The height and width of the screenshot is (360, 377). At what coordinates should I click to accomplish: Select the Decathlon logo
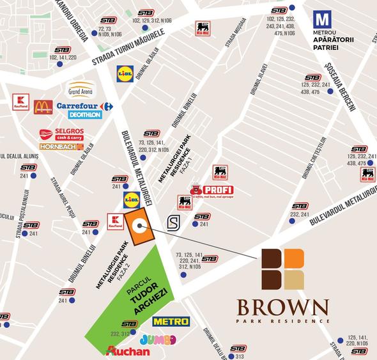[x=84, y=115]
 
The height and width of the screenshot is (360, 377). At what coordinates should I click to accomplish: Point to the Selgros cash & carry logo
[x=61, y=135]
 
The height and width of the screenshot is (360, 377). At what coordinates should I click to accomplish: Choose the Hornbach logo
[x=61, y=147]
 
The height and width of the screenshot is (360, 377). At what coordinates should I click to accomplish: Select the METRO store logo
[x=171, y=321]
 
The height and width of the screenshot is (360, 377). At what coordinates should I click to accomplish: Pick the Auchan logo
[x=128, y=351]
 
